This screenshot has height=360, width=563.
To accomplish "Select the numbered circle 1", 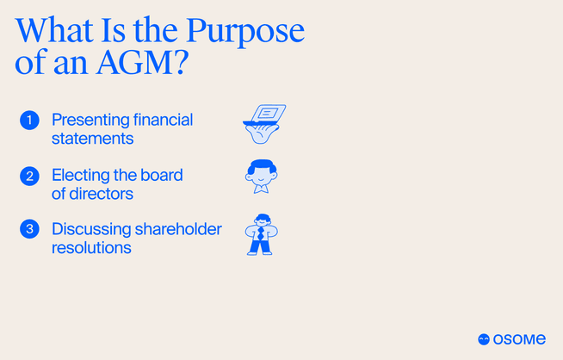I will (x=29, y=121).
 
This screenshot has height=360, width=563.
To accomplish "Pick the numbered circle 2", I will (x=29, y=176).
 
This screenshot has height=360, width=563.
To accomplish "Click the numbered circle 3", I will (x=29, y=230).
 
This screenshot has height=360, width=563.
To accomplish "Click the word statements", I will (x=91, y=139).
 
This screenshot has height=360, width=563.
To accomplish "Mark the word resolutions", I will (x=91, y=247).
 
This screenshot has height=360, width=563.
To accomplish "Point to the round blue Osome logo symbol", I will (x=484, y=339).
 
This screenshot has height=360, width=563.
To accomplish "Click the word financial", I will (x=164, y=120).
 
